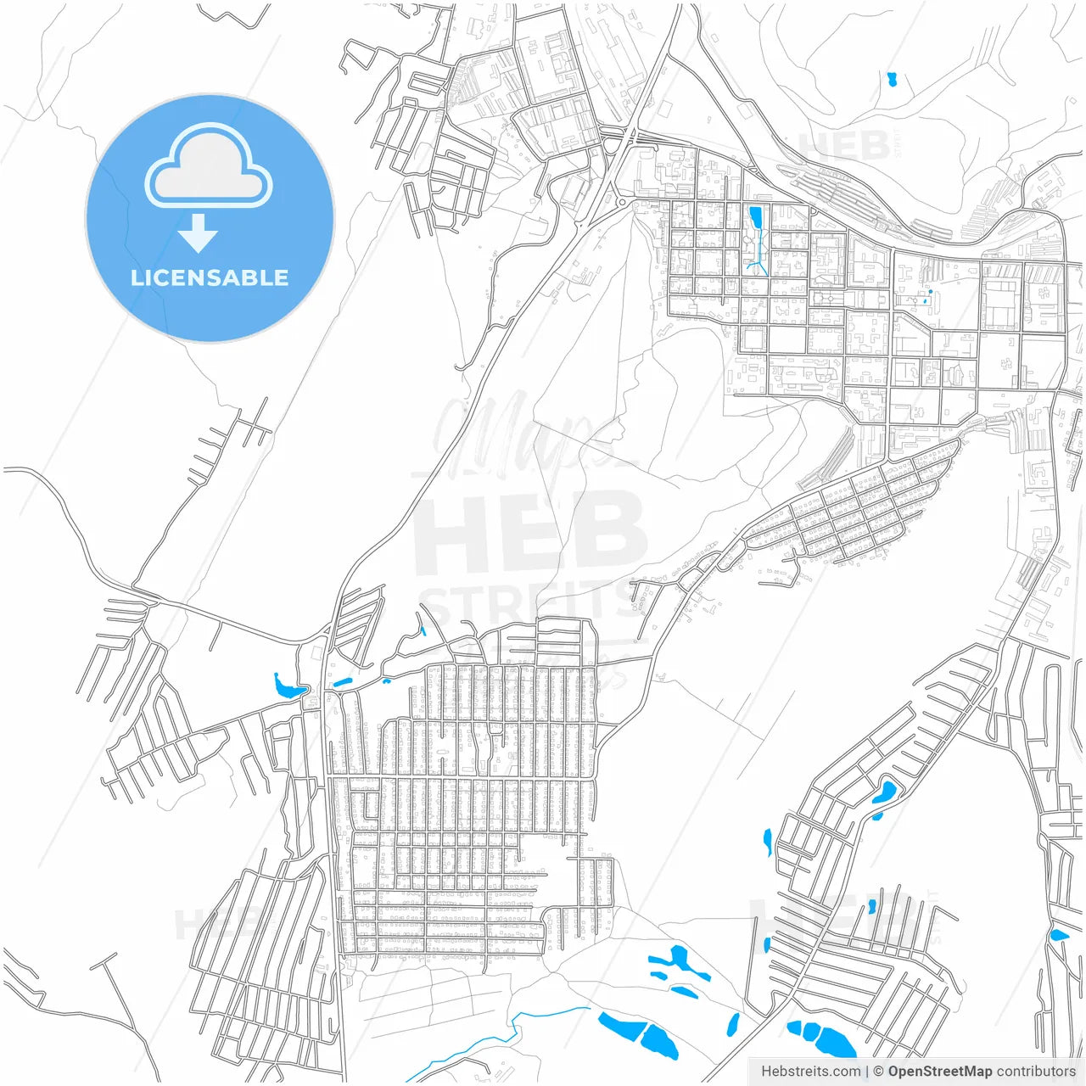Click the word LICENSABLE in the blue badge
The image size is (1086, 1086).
(210, 277)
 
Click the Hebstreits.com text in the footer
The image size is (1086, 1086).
(810, 1072)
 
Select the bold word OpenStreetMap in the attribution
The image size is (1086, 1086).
(939, 1072)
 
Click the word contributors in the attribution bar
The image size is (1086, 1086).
(1035, 1072)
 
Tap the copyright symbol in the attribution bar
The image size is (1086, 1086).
(878, 1072)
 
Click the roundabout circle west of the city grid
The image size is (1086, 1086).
(621, 202)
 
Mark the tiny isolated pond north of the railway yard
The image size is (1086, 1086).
(892, 81)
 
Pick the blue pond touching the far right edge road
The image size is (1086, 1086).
(1058, 935)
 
